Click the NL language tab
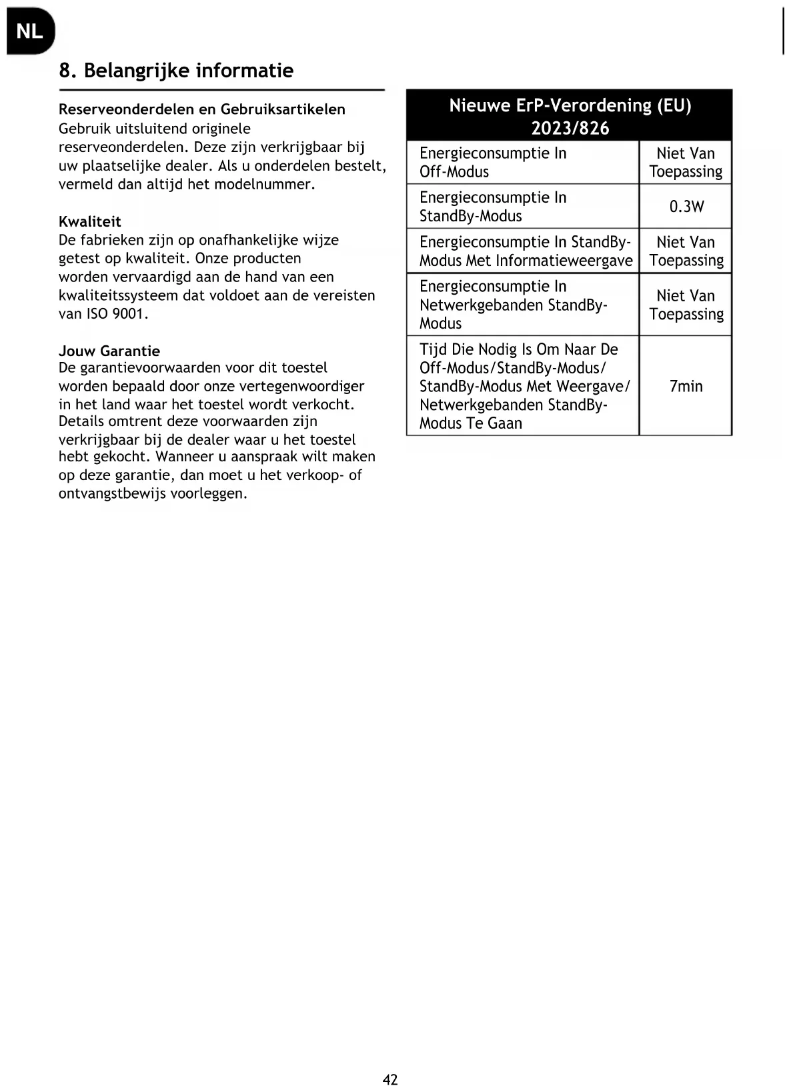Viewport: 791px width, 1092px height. tap(29, 31)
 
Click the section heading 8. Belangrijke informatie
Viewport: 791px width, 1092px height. tap(176, 71)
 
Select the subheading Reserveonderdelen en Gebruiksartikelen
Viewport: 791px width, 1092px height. tap(201, 109)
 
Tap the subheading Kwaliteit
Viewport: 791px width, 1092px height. tap(89, 221)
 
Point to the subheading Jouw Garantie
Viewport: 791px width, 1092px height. tap(109, 351)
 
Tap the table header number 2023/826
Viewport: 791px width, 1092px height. tap(570, 128)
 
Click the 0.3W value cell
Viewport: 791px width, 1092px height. tap(686, 207)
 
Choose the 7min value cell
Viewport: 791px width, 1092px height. tap(686, 387)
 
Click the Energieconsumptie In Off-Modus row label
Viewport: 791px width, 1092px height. tap(493, 163)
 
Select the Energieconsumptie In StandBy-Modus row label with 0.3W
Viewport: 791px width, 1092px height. tap(493, 207)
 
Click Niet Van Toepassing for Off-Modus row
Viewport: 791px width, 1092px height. tap(686, 163)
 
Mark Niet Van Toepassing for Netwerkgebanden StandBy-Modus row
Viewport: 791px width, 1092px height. tap(686, 305)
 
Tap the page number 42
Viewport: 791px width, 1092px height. tap(390, 1079)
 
